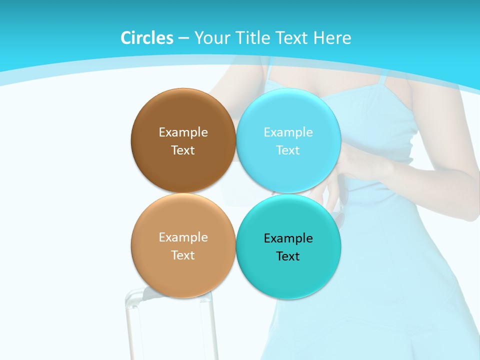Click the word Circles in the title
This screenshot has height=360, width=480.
click(x=146, y=38)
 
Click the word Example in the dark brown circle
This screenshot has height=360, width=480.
click(x=183, y=132)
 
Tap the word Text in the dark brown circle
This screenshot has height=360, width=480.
click(x=183, y=150)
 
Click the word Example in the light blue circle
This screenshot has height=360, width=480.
click(x=288, y=132)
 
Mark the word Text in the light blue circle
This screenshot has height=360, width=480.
click(x=288, y=150)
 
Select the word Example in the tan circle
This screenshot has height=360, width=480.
click(x=183, y=237)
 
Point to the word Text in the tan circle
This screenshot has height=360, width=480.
click(x=183, y=255)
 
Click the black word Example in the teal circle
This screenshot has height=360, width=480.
click(x=288, y=238)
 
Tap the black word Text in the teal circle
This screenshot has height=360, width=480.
click(x=288, y=256)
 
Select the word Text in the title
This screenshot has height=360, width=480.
click(x=291, y=38)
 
